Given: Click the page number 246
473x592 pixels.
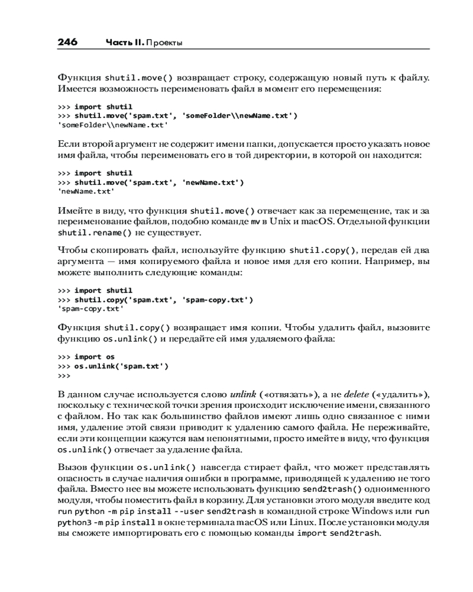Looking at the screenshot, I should [x=67, y=43].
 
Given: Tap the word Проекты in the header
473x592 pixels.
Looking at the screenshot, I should [x=163, y=43].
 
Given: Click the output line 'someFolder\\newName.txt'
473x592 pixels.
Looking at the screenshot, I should [x=112, y=125].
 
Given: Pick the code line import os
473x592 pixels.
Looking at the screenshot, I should [x=95, y=357].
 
